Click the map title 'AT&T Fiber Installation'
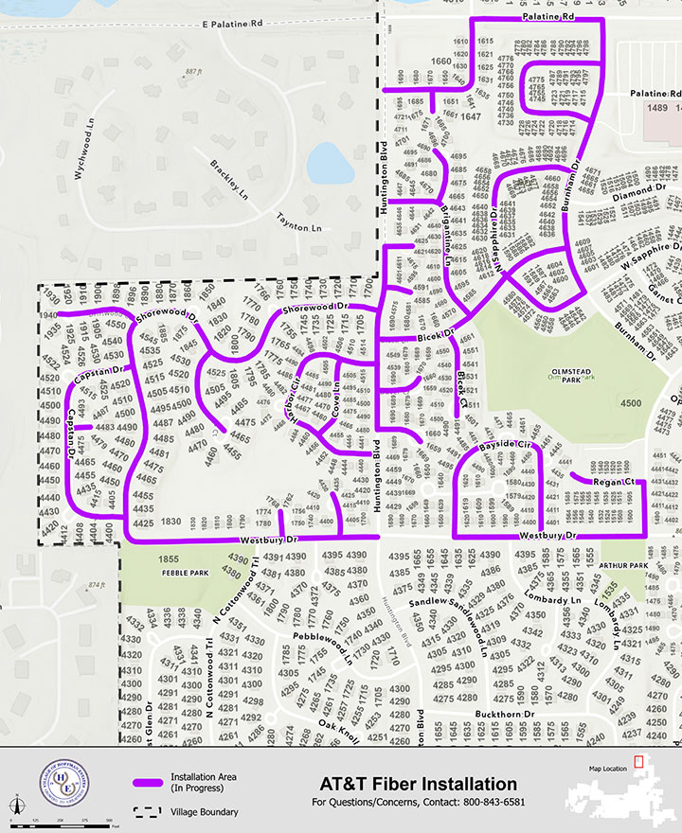tap(419, 785)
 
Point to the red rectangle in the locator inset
tap(639, 760)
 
